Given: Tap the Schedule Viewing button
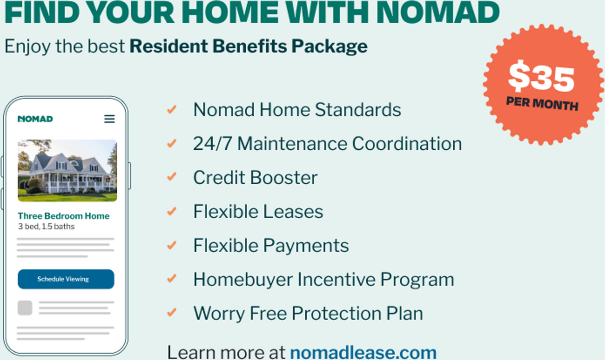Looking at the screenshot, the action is (66, 279).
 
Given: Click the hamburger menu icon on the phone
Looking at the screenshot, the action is (109, 119).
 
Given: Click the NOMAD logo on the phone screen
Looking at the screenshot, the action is (35, 119).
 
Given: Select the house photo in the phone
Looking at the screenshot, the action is (68, 171).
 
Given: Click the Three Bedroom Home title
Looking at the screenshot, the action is (63, 216).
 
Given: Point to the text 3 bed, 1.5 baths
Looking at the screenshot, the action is (46, 226).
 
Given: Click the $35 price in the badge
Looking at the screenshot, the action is (541, 77).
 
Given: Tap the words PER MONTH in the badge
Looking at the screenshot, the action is (542, 103).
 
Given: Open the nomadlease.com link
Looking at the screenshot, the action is (363, 352).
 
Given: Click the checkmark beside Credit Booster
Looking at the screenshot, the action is (172, 177).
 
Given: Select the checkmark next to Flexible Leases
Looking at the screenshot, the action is (172, 211).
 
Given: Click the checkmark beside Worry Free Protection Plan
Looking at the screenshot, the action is (172, 312).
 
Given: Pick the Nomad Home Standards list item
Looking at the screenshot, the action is (297, 110).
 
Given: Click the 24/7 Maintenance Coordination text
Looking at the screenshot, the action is (328, 143).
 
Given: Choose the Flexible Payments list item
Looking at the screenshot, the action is (271, 246).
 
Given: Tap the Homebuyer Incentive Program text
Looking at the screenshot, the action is (324, 280).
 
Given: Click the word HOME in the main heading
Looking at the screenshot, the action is (230, 12).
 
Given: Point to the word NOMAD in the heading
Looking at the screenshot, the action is (438, 12).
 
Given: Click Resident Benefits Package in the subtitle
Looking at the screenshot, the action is (249, 46).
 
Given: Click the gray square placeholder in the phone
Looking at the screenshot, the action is (25, 308).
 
